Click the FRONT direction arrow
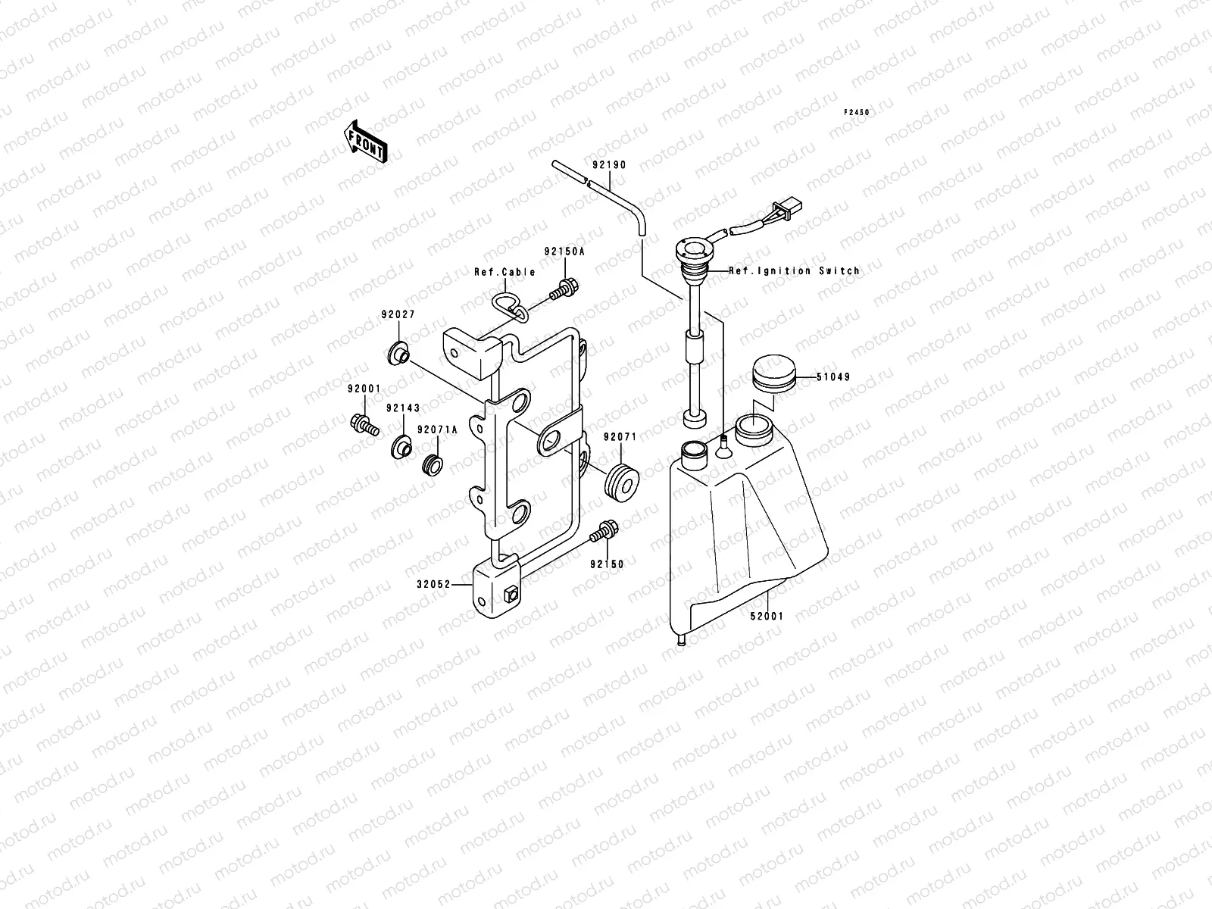pyautogui.click(x=366, y=142)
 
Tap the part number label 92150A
pyautogui.click(x=563, y=253)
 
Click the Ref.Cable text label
pyautogui.click(x=504, y=272)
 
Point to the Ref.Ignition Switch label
pyautogui.click(x=794, y=270)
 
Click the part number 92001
pyautogui.click(x=364, y=389)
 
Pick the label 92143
pyautogui.click(x=402, y=408)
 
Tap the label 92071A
pyautogui.click(x=437, y=430)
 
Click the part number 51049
pyautogui.click(x=833, y=376)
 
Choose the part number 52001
pyautogui.click(x=767, y=617)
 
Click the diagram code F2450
pyautogui.click(x=857, y=112)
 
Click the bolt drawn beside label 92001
pyautogui.click(x=364, y=423)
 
